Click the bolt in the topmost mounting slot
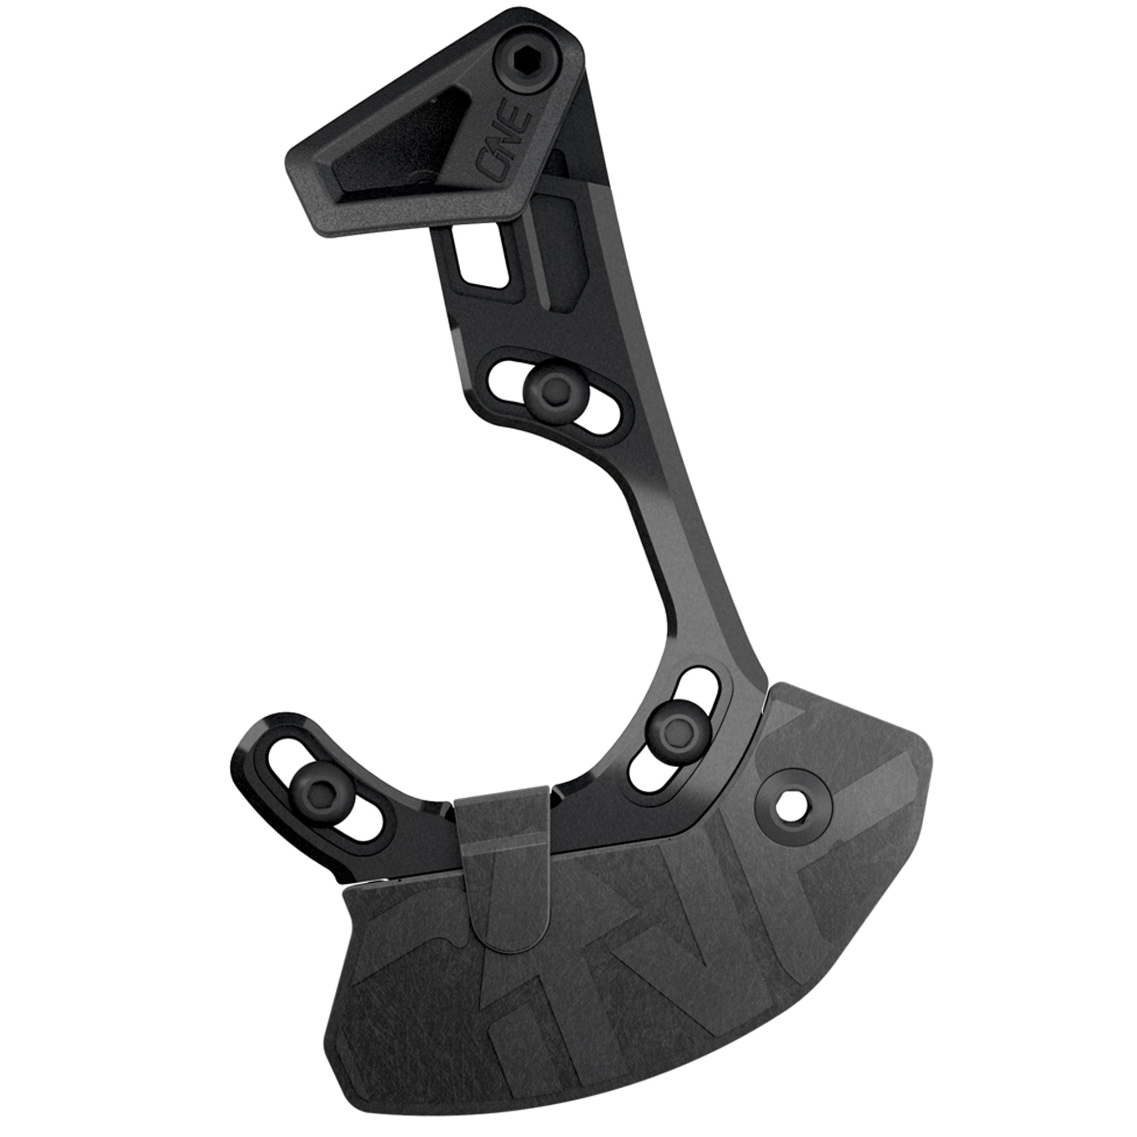click(549, 389)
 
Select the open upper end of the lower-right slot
click(700, 687)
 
